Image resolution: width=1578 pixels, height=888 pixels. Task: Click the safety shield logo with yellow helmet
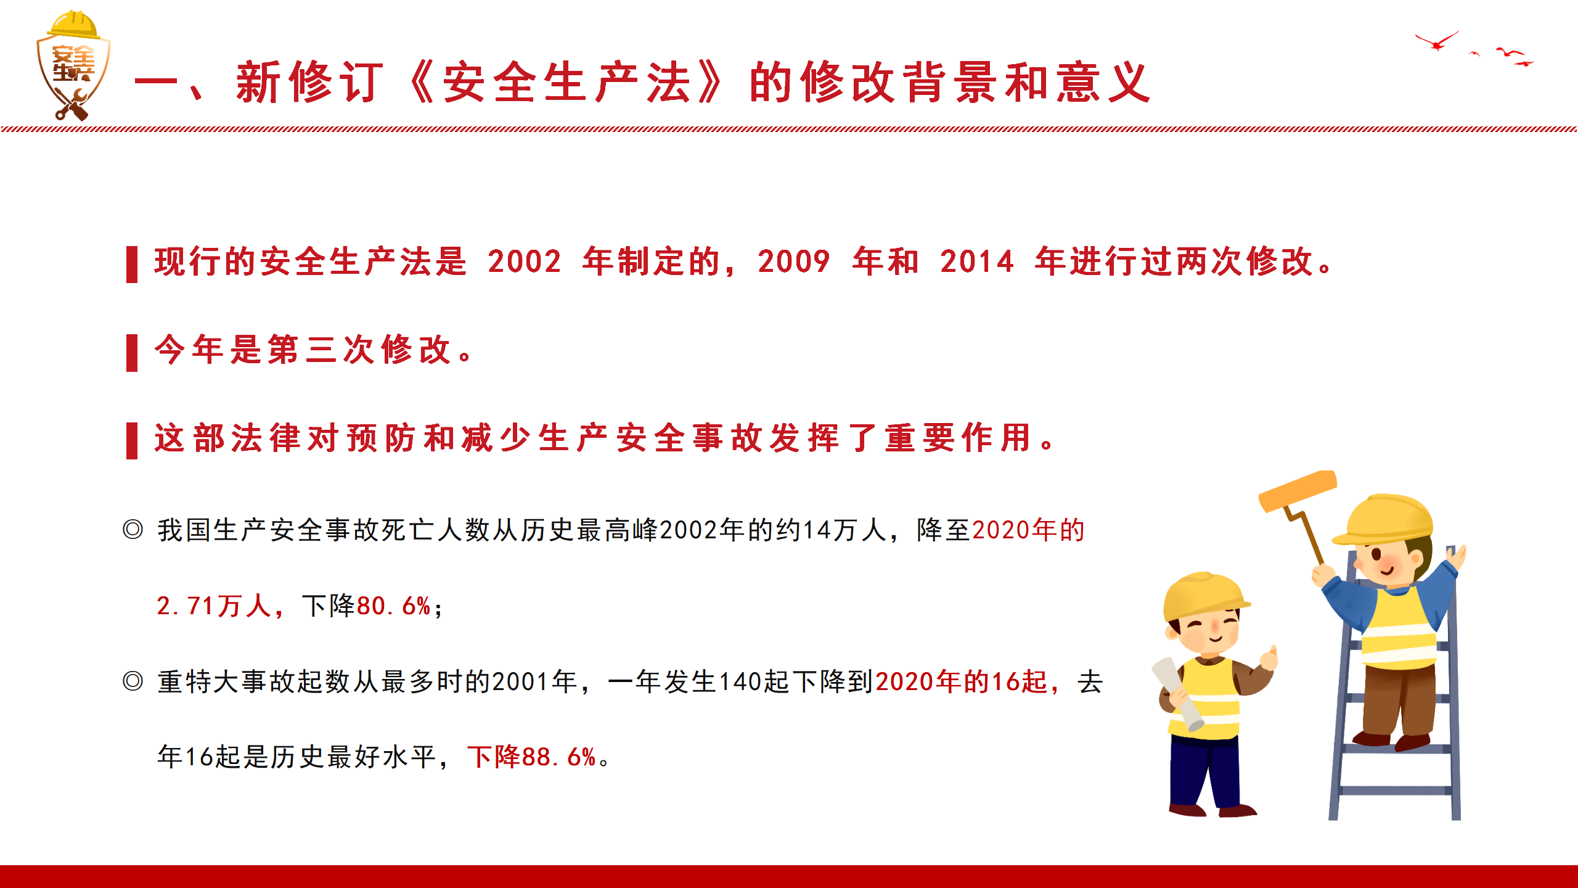[x=73, y=65]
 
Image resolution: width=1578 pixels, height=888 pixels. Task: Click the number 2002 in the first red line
[x=525, y=261]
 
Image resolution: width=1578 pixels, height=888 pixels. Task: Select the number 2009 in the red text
[x=794, y=261]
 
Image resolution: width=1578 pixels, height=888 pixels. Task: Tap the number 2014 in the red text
[x=977, y=261]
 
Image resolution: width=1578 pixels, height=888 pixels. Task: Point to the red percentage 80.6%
[x=393, y=606]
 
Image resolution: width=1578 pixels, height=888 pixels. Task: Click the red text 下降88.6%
[x=531, y=757]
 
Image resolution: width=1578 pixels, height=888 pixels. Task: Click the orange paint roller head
[x=1298, y=491]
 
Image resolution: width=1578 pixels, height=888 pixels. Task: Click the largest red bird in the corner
[x=1437, y=41]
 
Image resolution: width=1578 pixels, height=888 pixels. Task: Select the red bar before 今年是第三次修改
[x=131, y=352]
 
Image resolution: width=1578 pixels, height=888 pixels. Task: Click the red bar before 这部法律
[x=131, y=440]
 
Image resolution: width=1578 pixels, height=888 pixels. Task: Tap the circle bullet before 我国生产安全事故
[x=133, y=529]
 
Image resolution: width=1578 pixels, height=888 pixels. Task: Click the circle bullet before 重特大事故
[x=133, y=681]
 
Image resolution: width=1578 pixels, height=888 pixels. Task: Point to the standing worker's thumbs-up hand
[x=1269, y=657]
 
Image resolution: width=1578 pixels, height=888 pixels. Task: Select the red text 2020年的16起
[x=962, y=681]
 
